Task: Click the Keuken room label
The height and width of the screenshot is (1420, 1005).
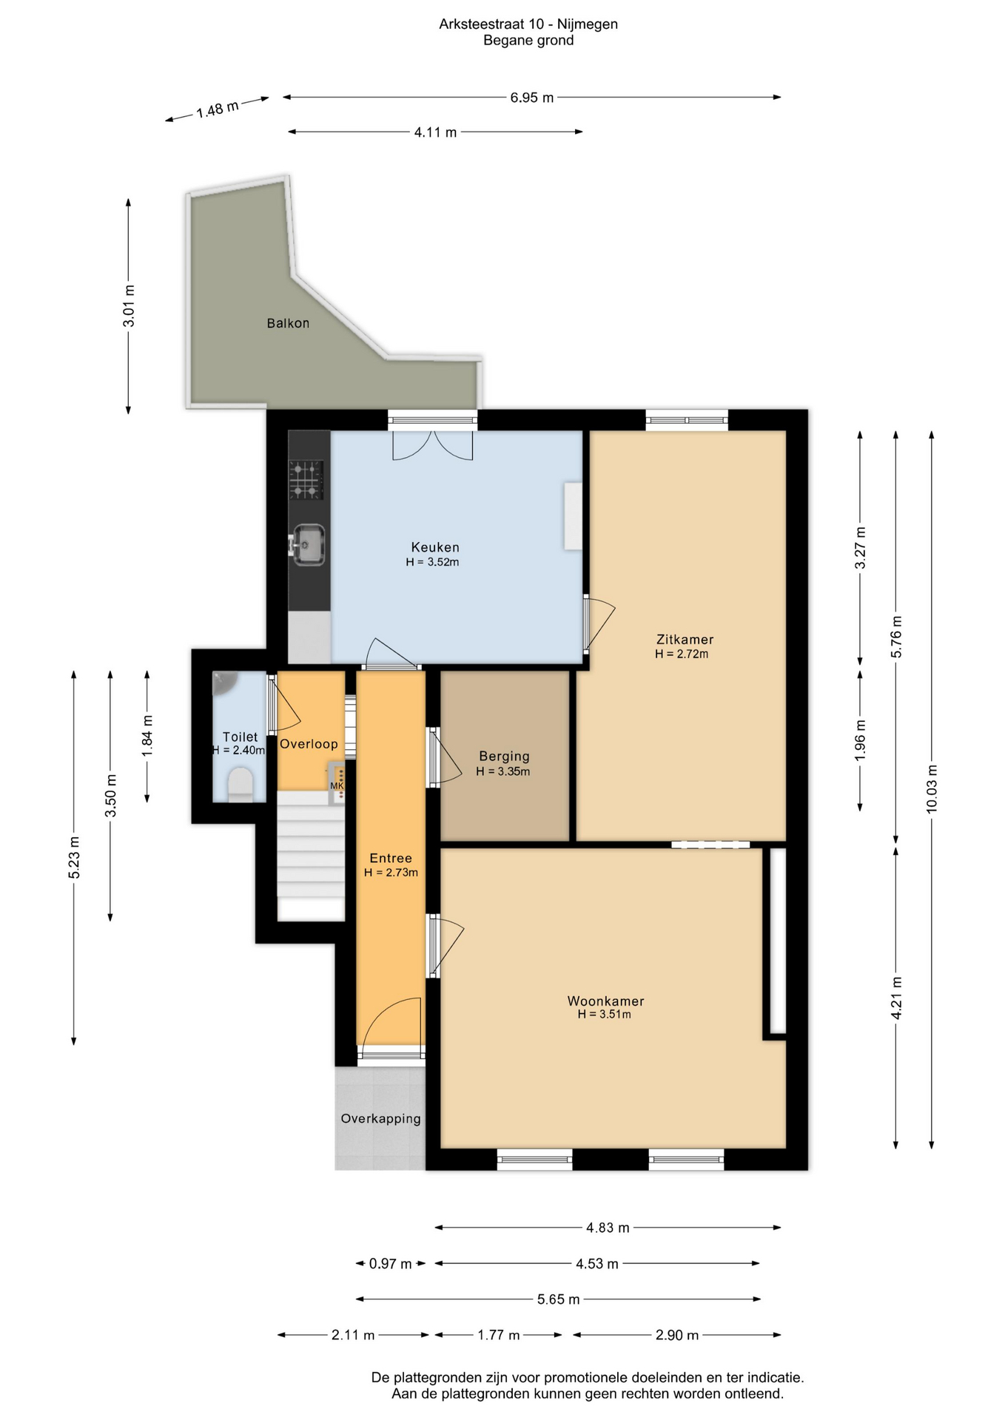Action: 435,547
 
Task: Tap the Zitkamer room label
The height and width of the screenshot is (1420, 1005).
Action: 685,640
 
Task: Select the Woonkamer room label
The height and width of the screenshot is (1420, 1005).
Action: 605,1001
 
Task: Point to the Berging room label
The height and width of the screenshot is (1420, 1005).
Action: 504,757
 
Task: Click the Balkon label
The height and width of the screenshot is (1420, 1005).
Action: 288,323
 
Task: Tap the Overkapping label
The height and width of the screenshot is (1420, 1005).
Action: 380,1119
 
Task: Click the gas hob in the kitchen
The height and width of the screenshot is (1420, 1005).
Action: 306,480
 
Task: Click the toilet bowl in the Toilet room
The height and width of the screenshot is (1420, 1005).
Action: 240,784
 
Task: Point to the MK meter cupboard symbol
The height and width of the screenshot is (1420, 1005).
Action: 337,783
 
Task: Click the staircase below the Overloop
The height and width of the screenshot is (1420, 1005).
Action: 311,856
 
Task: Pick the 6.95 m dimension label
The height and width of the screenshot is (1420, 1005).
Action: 531,98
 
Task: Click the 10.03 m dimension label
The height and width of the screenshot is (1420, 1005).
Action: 932,789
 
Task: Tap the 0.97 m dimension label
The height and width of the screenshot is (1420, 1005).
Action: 390,1264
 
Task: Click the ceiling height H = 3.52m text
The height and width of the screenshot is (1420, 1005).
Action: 432,562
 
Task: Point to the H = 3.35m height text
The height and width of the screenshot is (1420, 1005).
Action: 503,771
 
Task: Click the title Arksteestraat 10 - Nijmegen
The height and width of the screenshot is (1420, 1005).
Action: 528,24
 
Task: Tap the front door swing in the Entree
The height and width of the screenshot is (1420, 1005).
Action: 391,1021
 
